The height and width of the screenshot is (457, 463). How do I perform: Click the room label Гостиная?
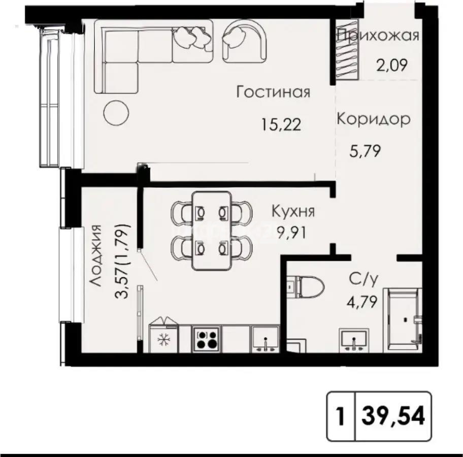tap(274, 92)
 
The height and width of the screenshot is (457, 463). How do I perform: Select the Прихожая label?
tap(378, 36)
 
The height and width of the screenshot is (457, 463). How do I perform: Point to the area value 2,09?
tap(391, 66)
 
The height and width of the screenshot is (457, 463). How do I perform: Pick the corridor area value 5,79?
tap(365, 151)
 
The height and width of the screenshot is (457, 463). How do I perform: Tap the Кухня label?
tap(293, 212)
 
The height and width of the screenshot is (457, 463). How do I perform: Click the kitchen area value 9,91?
tap(291, 233)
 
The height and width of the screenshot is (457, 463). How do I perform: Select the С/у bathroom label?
tap(363, 279)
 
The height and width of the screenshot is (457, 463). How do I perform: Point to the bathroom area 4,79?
tap(362, 302)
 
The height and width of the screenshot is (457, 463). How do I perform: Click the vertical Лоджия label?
tap(95, 255)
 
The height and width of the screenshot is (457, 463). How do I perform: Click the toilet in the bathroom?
tap(305, 287)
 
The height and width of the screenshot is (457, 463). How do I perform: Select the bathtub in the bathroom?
tap(403, 320)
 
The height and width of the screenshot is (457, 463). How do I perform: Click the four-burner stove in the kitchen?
tap(206, 339)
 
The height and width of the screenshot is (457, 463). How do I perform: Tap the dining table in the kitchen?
tap(211, 231)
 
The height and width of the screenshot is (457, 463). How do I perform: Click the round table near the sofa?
tap(116, 113)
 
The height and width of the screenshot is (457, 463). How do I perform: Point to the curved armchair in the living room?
tap(245, 41)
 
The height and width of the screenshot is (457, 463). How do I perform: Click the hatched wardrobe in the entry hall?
tap(348, 50)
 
